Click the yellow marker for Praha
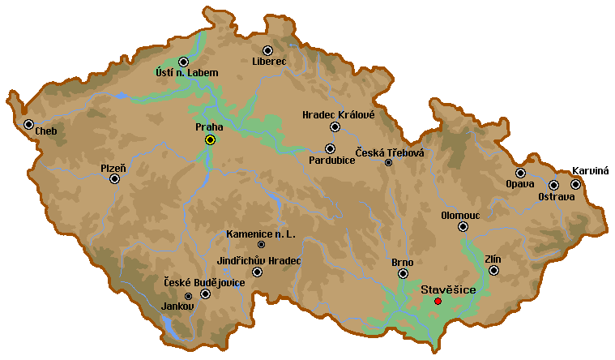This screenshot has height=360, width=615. click(x=210, y=139)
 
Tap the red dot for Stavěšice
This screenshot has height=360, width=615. click(x=438, y=301)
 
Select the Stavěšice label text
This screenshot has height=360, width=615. click(x=447, y=289)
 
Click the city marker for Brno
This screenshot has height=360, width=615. click(x=403, y=274)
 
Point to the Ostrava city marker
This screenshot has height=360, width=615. click(x=554, y=185)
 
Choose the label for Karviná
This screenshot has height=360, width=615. click(x=590, y=171)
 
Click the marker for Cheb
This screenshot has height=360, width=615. click(x=29, y=125)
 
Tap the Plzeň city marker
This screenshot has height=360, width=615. click(x=115, y=178)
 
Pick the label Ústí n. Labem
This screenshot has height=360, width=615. click(x=187, y=73)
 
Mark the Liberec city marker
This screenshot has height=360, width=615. click(x=268, y=50)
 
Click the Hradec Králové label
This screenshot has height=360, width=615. click(x=338, y=115)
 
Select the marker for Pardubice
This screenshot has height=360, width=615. click(x=330, y=148)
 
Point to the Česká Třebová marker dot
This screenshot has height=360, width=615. click(x=388, y=162)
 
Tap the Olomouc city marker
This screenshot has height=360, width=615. click(x=463, y=227)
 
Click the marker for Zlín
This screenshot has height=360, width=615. click(x=493, y=270)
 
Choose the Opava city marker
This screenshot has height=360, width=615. click(x=520, y=173)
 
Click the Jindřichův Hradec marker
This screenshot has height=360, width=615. click(x=258, y=272)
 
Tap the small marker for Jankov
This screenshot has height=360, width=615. click(x=189, y=296)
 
